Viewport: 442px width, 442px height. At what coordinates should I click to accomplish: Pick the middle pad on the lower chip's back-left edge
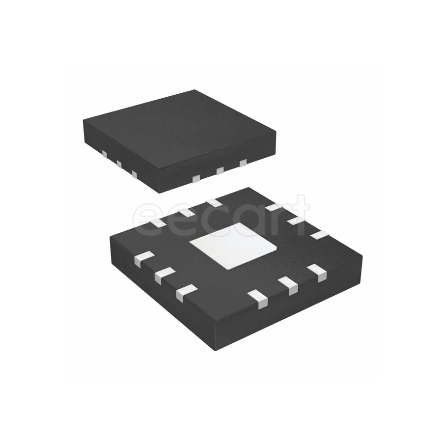(x=186, y=212)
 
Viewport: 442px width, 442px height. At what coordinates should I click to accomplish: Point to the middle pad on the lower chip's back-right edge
(x=296, y=221)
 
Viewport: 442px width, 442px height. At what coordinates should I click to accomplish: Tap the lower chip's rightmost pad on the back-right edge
(x=319, y=234)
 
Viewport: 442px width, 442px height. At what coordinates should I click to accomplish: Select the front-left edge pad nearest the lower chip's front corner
(x=187, y=292)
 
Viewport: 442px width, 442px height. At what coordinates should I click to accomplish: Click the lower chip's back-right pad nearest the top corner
(x=274, y=207)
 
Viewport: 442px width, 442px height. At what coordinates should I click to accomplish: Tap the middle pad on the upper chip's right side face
(x=220, y=170)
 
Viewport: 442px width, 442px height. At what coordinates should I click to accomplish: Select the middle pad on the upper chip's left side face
(x=119, y=164)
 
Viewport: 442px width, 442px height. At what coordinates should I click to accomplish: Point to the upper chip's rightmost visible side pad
(x=243, y=163)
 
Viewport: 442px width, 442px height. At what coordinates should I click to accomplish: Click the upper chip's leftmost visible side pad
(x=105, y=154)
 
